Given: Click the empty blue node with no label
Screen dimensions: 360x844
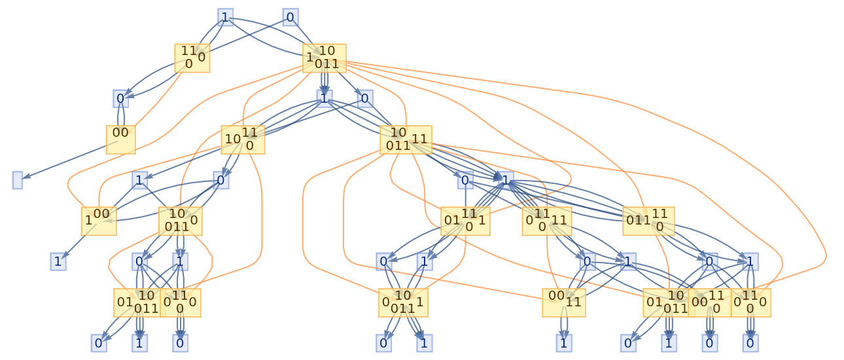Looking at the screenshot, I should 17,180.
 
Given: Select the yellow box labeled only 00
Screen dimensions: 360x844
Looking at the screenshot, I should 120,139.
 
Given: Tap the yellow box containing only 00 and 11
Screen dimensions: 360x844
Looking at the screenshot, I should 563,302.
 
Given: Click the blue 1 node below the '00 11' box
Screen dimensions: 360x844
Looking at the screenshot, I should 563,342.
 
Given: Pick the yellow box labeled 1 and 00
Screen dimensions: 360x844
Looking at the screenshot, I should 99,221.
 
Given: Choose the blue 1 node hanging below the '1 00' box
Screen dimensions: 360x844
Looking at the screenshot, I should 58,262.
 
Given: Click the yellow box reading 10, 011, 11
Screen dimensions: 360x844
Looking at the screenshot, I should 406,139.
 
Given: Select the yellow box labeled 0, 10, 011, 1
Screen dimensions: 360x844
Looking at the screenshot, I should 403,302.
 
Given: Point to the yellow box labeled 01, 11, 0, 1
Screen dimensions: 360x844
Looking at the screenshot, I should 465,221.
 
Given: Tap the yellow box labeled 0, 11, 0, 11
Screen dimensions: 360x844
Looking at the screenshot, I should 547,221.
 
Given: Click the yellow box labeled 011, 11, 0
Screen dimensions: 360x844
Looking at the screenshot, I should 648,221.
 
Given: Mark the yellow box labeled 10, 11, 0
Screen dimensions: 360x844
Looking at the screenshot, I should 243,139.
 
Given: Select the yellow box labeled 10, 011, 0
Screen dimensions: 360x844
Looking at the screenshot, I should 180,221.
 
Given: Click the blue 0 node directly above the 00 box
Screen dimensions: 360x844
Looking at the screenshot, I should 120,99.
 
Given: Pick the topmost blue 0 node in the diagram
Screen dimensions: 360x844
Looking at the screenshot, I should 290,17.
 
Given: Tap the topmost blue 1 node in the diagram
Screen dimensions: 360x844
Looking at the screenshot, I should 225,17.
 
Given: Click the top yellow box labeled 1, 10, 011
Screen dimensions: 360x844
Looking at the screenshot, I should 324,58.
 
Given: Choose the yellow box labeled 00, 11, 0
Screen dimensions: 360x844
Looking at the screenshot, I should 709,302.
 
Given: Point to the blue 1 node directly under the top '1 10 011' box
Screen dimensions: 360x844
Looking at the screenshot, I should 324,98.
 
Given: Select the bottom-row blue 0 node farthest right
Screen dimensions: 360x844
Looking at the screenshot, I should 750,342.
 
